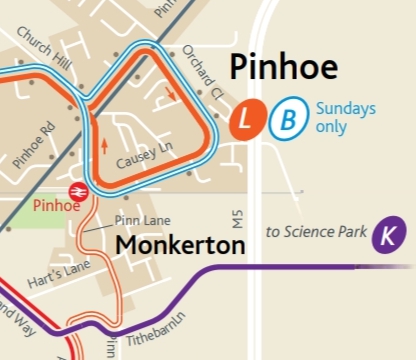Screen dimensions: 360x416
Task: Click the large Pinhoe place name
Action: tap(284, 68)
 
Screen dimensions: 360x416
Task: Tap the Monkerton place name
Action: tap(180, 246)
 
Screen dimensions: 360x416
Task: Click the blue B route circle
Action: tap(287, 121)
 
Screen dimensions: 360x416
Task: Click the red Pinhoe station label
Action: tap(56, 206)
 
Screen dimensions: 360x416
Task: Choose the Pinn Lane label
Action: tap(143, 220)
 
